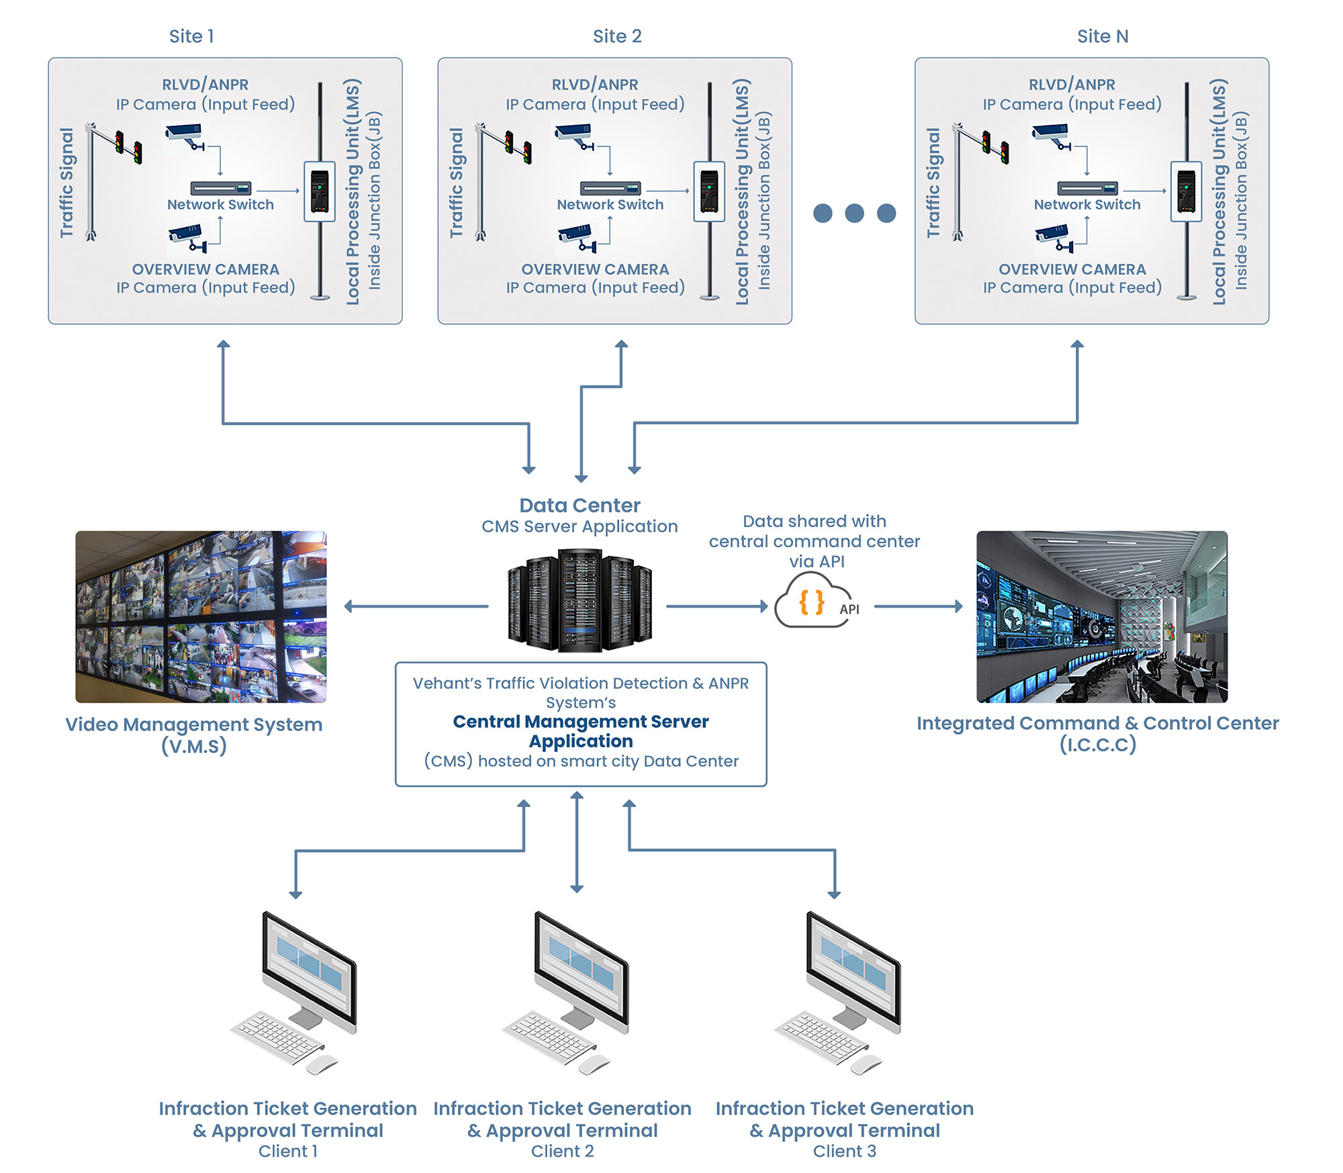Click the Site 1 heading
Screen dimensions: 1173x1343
coord(191,36)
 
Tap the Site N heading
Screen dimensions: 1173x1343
coord(1103,36)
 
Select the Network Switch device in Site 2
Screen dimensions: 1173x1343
coord(610,188)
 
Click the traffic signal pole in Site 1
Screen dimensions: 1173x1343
coord(91,181)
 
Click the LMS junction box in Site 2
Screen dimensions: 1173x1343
coord(709,191)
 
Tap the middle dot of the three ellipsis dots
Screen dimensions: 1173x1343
coord(854,214)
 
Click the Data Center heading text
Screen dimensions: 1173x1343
coord(580,506)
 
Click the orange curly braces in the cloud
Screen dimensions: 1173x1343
coord(811,602)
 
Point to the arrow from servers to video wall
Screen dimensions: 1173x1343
coord(416,606)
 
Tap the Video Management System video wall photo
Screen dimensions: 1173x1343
coord(201,616)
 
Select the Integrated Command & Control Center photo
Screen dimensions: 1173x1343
coord(1102,616)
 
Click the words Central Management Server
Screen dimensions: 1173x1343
coord(581,722)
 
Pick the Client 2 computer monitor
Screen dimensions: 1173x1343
coord(582,967)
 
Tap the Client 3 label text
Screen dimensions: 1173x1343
coord(844,1152)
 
